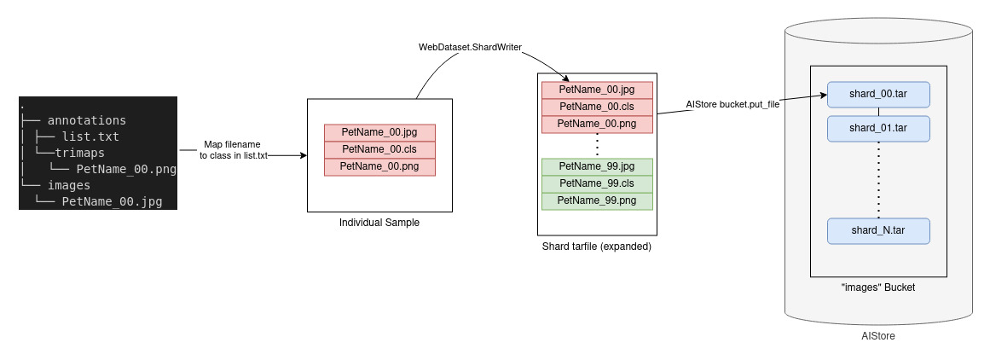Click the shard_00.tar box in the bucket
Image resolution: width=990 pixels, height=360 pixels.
tap(877, 94)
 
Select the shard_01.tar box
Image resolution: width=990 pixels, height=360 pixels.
tap(877, 128)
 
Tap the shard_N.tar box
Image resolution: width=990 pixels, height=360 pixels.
tap(877, 231)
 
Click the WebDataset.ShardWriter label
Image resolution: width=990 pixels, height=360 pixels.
tap(470, 46)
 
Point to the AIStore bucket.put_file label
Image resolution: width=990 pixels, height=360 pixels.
tap(732, 104)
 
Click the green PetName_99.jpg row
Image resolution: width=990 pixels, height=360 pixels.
tap(596, 166)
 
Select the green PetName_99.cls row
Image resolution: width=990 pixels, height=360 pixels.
tap(596, 183)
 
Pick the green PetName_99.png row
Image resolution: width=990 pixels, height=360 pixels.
tap(596, 200)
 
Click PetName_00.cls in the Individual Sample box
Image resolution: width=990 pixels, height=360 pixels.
tap(379, 149)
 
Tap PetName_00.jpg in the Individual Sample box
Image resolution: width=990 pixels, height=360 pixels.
tap(379, 132)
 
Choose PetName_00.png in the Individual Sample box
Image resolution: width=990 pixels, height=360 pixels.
tap(379, 166)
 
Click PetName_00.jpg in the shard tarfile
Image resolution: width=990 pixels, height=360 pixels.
tap(596, 90)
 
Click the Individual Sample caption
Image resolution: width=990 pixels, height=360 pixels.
tap(379, 223)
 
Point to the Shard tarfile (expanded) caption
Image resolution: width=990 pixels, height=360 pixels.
tap(596, 247)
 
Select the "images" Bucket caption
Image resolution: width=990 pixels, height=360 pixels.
tap(877, 287)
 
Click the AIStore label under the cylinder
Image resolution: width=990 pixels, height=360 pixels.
tap(877, 337)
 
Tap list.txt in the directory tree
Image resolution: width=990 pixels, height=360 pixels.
tap(90, 136)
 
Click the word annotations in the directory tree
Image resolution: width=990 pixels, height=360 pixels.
tap(86, 120)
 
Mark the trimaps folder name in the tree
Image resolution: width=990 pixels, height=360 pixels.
tap(86, 153)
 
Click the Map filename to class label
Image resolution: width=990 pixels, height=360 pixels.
tap(233, 150)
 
